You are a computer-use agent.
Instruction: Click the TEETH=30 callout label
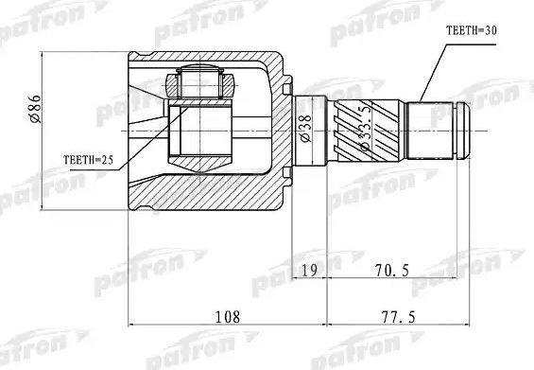(471, 32)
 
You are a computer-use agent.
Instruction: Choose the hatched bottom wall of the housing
(208, 193)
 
